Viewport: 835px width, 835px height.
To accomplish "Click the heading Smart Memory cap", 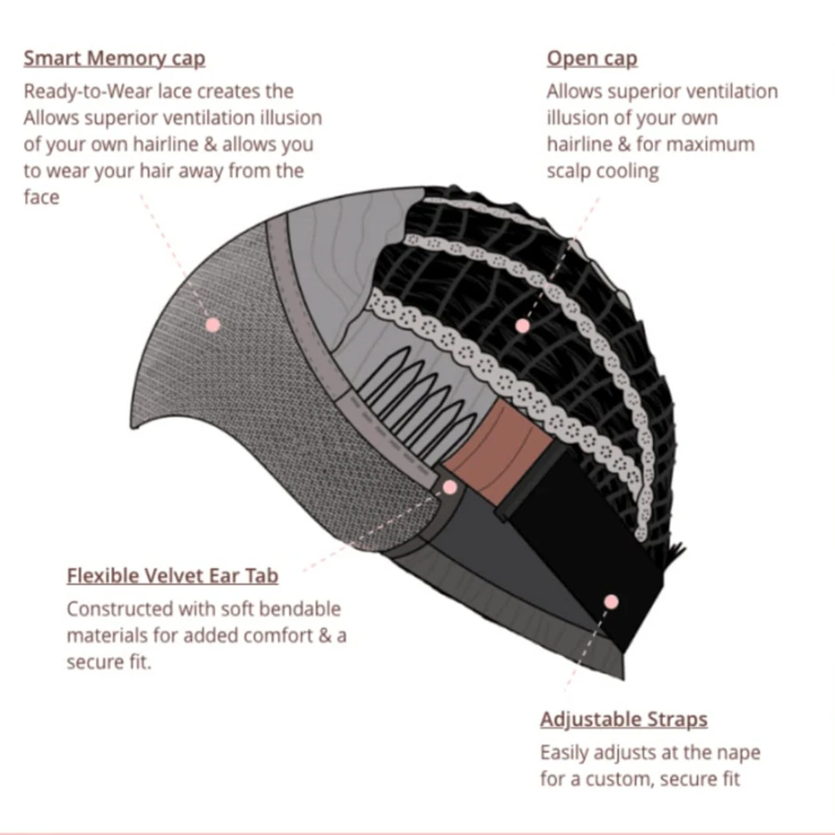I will (114, 58).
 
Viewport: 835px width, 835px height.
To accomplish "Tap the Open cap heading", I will (592, 58).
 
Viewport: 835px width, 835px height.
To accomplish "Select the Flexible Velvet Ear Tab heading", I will (172, 576).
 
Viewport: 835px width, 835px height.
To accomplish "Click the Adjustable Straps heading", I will (624, 719).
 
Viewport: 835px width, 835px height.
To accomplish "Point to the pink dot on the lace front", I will (213, 324).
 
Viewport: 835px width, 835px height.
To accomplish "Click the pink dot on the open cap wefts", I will (523, 326).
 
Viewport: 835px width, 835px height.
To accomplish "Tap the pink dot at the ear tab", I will (450, 487).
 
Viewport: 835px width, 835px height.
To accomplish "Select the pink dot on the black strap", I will (610, 600).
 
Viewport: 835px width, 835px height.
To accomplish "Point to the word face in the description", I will (42, 198).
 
